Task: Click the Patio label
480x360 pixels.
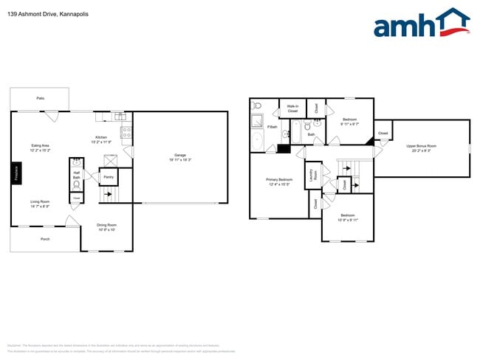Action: coord(40,98)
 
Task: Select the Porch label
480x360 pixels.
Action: coord(44,239)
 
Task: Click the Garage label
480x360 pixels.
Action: coord(180,155)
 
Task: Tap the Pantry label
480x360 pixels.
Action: coord(108,177)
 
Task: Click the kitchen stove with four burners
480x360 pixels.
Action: coord(126,134)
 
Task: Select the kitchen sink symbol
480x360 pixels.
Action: coord(119,116)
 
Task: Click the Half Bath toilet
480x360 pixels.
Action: coord(75,184)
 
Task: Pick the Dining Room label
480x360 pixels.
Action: coord(107,225)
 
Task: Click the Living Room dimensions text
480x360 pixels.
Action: coord(40,207)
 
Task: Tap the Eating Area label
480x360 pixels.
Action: coord(41,145)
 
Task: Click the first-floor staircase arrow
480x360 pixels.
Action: coord(108,195)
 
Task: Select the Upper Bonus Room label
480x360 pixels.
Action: coord(422,146)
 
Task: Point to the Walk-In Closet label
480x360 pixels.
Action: coord(292,108)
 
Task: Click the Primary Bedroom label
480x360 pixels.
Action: coord(279,179)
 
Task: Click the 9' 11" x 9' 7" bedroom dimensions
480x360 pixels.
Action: coord(349,124)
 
